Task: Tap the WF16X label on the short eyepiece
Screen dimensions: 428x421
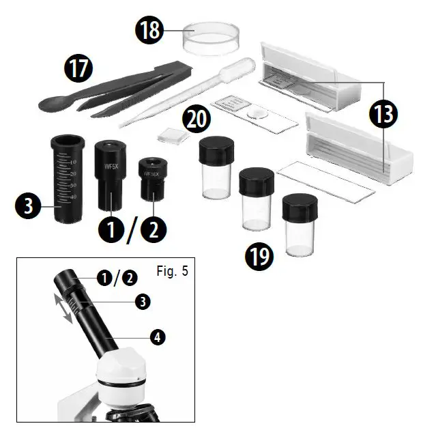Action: pos(152,174)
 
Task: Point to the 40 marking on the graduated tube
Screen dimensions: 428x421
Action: pos(72,197)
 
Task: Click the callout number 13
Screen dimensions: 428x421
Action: pos(383,114)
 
